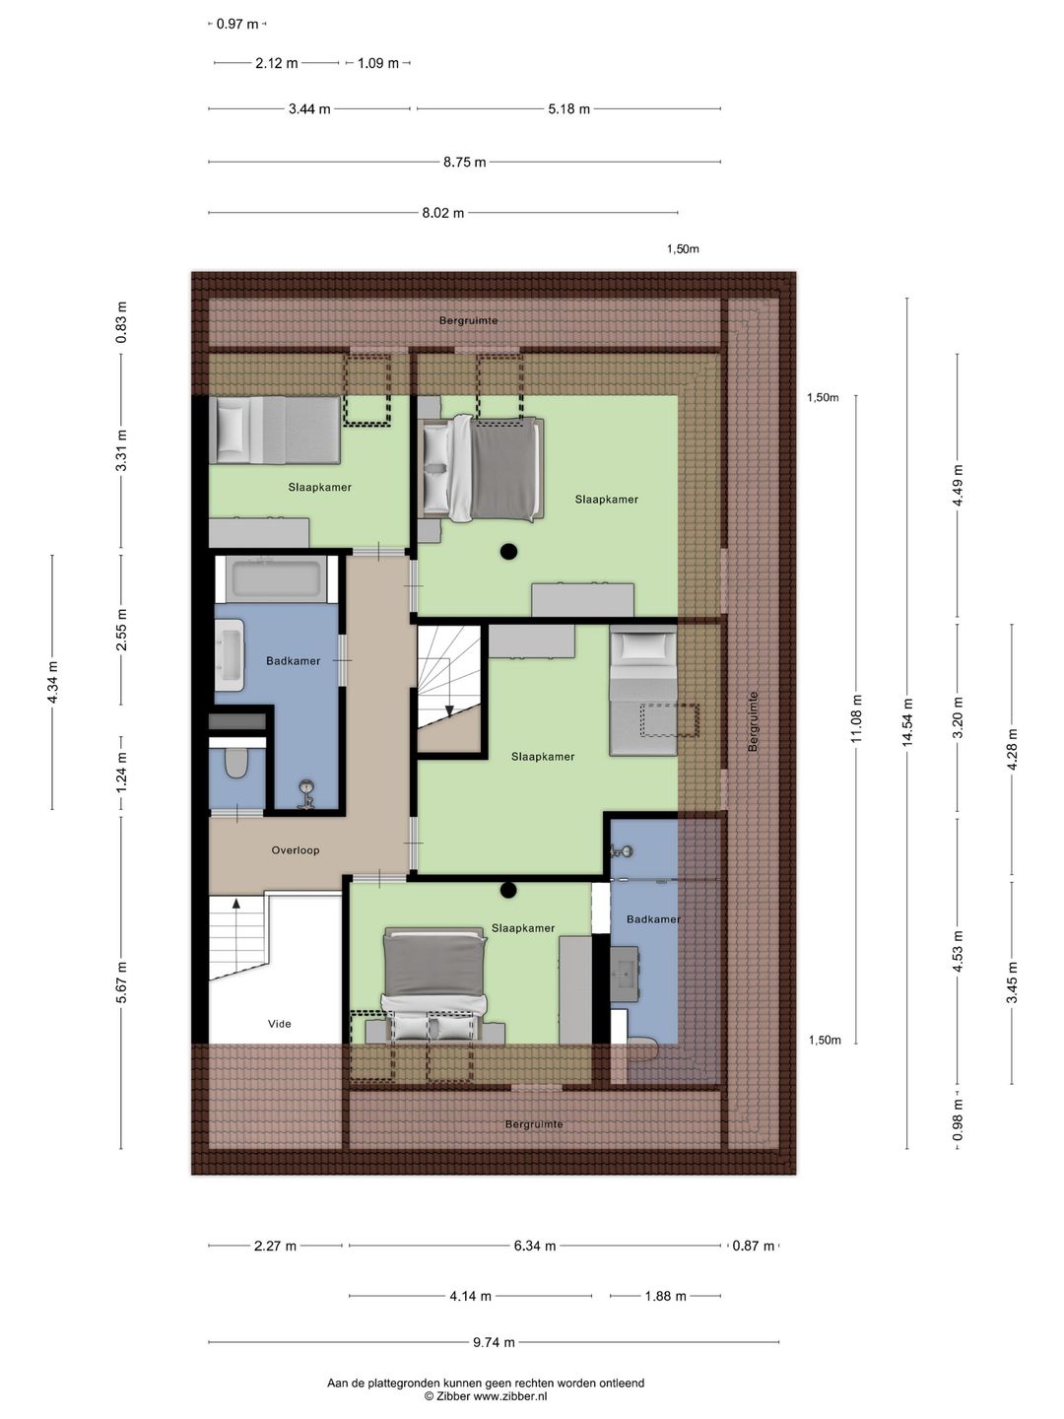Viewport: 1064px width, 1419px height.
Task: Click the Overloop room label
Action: [x=296, y=850]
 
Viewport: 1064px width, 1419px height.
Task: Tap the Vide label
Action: [x=279, y=1024]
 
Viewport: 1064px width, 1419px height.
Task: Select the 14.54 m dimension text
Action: [x=907, y=722]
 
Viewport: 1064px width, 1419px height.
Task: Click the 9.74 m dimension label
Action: [x=495, y=1342]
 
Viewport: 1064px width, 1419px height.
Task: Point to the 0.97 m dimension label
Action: [x=237, y=24]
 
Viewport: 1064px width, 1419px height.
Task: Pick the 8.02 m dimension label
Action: [x=443, y=213]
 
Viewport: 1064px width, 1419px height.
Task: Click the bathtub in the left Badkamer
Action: [x=277, y=578]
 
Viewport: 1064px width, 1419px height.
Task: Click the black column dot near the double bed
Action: [x=509, y=552]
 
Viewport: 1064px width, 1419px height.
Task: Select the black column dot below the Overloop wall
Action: [x=508, y=890]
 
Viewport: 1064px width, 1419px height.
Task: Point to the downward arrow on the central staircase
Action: [x=449, y=710]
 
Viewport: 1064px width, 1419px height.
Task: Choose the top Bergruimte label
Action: [x=468, y=320]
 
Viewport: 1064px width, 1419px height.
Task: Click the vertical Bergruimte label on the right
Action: [x=753, y=721]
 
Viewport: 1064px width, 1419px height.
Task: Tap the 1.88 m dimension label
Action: [x=665, y=1296]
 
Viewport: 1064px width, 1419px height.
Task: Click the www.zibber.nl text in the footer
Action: [x=510, y=1395]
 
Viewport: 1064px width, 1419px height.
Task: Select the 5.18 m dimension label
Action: [x=568, y=109]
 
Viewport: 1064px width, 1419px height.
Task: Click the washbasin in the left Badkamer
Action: [x=230, y=655]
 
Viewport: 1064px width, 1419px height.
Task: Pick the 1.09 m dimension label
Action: [x=378, y=63]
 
